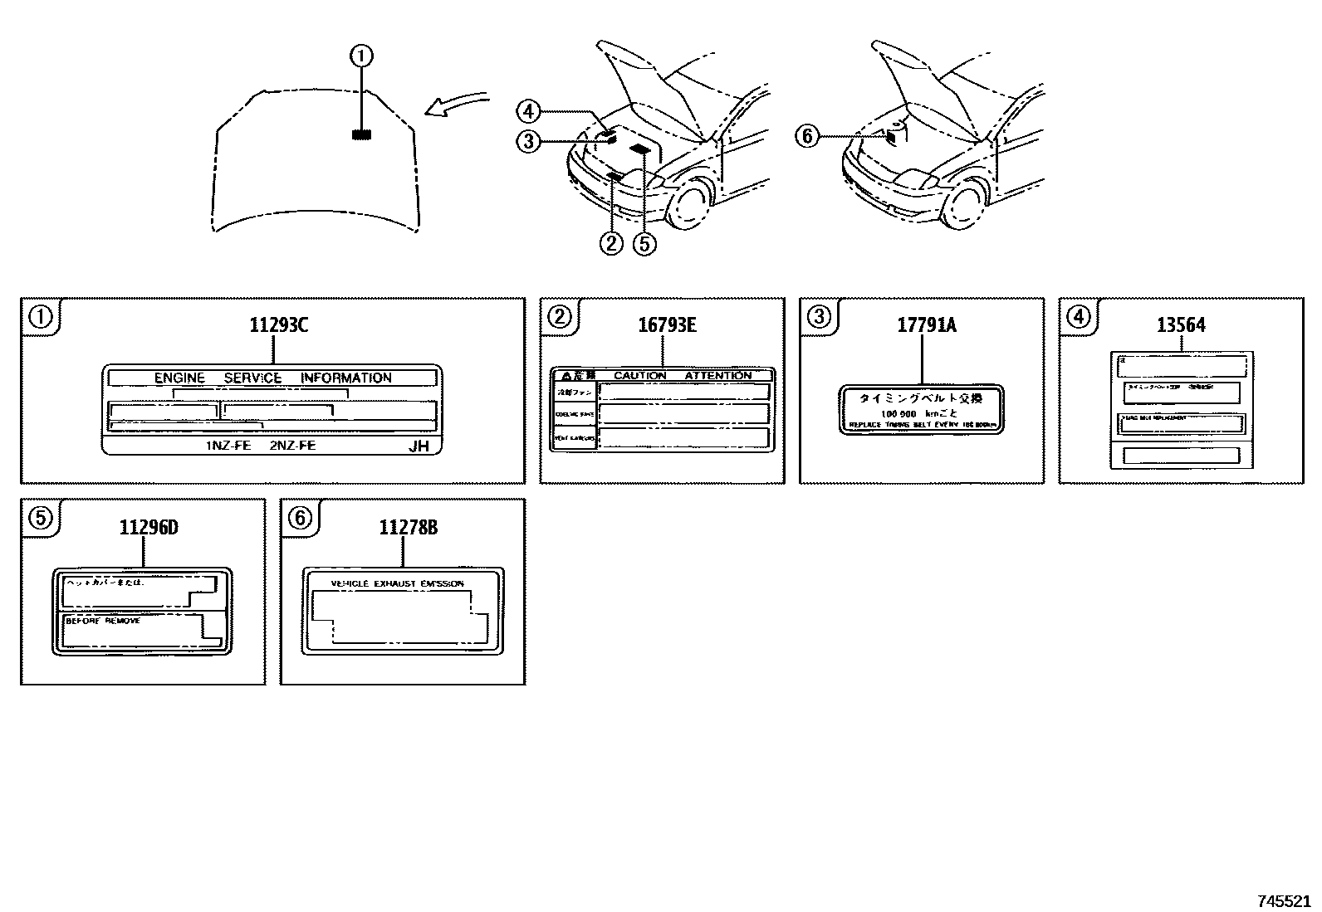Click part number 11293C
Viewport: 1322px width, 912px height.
click(x=278, y=324)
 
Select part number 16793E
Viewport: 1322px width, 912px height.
click(x=667, y=324)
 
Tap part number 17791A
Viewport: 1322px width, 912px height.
click(x=926, y=324)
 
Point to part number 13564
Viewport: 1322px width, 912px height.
click(x=1181, y=324)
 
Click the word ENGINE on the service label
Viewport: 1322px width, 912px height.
click(x=179, y=378)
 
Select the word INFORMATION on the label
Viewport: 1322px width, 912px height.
click(x=345, y=378)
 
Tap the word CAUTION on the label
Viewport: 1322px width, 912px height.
click(x=640, y=376)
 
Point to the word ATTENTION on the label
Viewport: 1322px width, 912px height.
click(x=717, y=376)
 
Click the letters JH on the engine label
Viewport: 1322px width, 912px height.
click(x=419, y=446)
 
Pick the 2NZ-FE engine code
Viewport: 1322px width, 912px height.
click(x=292, y=446)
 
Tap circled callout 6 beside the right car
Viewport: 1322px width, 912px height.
click(x=806, y=135)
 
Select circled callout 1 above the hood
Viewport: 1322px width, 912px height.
click(x=361, y=56)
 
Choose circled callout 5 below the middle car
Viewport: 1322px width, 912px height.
click(x=644, y=243)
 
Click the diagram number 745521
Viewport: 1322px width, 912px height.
click(x=1283, y=900)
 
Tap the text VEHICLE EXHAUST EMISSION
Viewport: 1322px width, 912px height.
click(x=397, y=584)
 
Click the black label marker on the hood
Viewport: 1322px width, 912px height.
click(x=361, y=134)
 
